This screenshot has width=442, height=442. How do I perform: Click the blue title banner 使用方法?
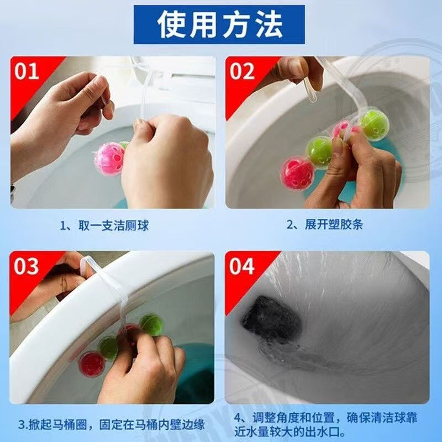[219, 24]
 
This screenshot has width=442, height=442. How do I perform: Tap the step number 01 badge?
[27, 71]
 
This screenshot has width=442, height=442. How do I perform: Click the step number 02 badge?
[242, 71]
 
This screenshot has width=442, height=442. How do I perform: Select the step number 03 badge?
[26, 266]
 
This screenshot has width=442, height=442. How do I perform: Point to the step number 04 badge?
[242, 266]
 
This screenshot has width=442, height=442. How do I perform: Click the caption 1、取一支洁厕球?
[104, 225]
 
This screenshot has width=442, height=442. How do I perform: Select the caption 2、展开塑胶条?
[325, 224]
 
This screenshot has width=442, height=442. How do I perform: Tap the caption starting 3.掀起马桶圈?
[112, 424]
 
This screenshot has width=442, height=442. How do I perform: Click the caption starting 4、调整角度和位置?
[325, 424]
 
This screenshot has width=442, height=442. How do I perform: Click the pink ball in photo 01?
[109, 159]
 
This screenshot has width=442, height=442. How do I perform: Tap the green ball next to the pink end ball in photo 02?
[320, 152]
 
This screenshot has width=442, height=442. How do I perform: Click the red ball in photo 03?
[92, 364]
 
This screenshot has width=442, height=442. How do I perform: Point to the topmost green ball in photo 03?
[151, 325]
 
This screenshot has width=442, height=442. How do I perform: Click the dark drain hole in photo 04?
[271, 318]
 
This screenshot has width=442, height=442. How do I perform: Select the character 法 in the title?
[269, 25]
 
